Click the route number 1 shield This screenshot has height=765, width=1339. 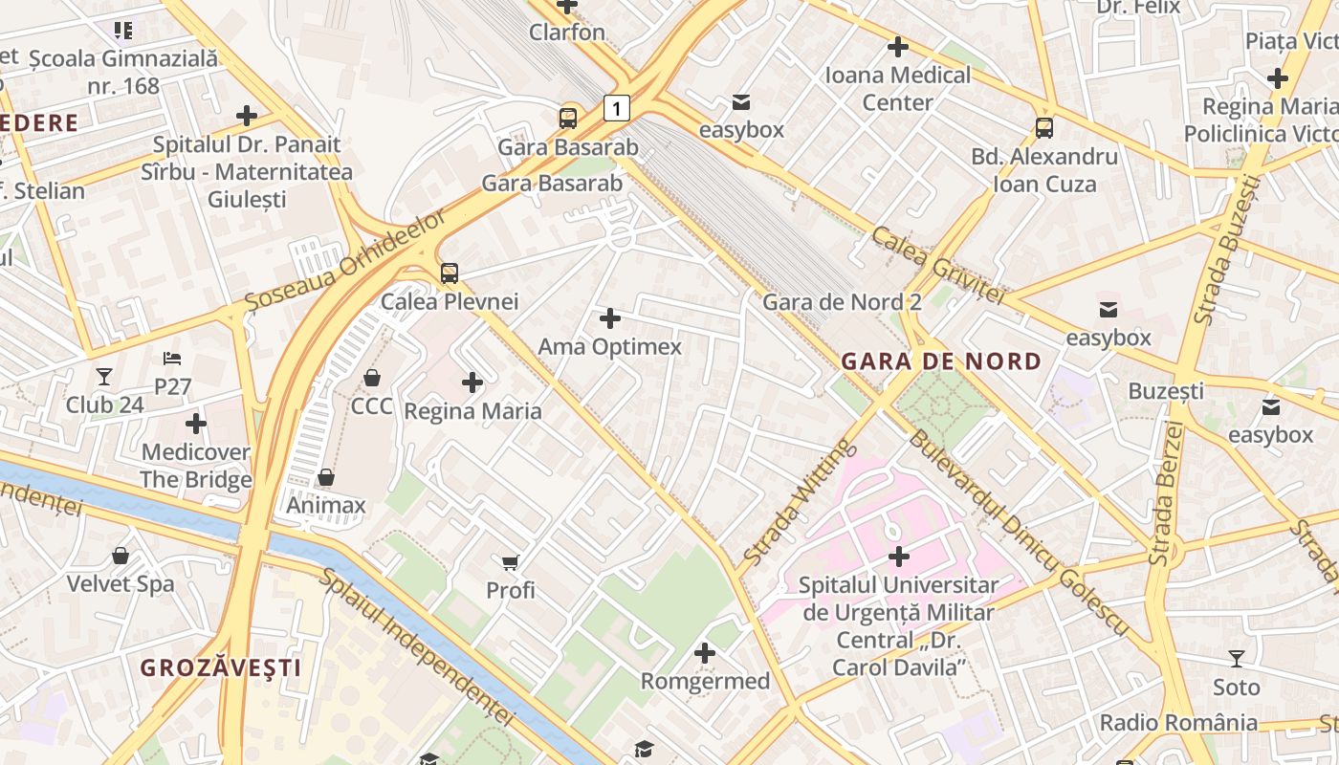[617, 109]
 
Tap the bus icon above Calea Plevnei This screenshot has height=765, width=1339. [450, 273]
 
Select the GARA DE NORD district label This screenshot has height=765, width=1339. [940, 361]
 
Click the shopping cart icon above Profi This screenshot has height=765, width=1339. [511, 562]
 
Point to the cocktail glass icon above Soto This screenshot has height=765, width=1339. [1236, 659]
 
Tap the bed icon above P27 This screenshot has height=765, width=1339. [172, 359]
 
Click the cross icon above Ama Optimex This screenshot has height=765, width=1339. [609, 318]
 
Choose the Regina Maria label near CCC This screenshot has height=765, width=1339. [472, 411]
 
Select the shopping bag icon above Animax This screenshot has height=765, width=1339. [326, 477]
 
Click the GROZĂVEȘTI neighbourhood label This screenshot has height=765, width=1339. [221, 667]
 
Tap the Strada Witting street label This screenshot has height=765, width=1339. [796, 502]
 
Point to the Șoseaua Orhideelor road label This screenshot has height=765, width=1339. [345, 261]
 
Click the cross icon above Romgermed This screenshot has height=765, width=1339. [705, 653]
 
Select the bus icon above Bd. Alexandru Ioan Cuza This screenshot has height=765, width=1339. [1044, 127]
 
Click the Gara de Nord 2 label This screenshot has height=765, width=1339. [842, 302]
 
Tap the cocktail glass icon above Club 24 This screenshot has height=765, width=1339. [104, 377]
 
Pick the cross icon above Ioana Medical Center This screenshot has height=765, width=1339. [897, 46]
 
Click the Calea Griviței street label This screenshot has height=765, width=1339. [937, 265]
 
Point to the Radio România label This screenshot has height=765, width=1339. [1178, 722]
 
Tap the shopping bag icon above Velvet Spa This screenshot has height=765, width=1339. [121, 556]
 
